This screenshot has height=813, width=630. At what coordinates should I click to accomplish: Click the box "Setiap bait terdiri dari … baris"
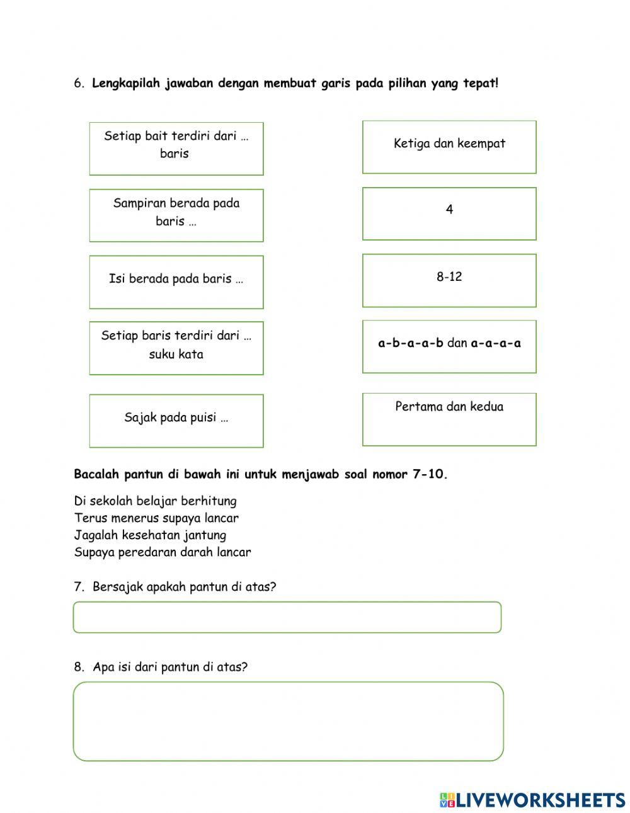[x=176, y=149]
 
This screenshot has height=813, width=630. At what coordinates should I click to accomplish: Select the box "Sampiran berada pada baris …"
[x=176, y=215]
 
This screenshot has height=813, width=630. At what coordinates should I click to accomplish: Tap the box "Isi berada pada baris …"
[x=176, y=282]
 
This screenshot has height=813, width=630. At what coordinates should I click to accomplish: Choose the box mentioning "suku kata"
[x=176, y=348]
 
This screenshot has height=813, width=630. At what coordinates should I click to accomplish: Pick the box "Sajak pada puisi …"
[x=176, y=421]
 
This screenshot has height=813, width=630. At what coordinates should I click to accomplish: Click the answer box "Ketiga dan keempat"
[x=449, y=147]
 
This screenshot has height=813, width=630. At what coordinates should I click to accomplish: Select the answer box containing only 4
[x=449, y=213]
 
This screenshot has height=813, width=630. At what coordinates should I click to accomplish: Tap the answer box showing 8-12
[x=449, y=280]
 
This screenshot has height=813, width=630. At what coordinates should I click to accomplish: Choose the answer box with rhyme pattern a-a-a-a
[x=449, y=346]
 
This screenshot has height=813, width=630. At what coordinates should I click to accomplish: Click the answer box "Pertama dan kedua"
[x=449, y=419]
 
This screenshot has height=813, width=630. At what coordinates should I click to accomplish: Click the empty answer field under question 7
[x=287, y=617]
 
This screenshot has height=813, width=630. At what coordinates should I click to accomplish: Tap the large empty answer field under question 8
[x=288, y=721]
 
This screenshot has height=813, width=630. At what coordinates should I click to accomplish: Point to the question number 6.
[x=79, y=83]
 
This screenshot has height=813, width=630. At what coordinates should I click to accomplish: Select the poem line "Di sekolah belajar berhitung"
[x=155, y=501]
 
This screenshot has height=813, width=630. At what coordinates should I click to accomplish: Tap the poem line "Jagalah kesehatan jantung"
[x=150, y=535]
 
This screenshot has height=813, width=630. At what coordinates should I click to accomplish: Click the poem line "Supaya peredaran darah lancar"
[x=163, y=552]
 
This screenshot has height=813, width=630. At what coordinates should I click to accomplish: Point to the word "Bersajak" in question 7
[x=118, y=587]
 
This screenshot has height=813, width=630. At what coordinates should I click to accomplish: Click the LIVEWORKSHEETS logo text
[x=540, y=800]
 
